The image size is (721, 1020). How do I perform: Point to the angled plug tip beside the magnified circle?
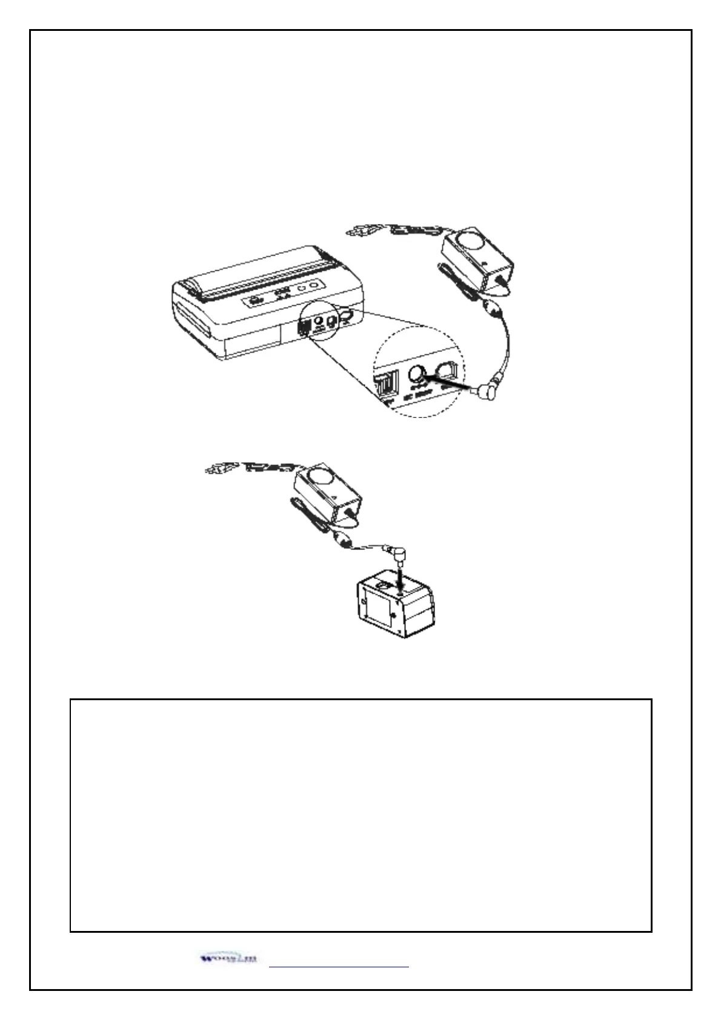486,391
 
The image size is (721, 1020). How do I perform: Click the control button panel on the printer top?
279,296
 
